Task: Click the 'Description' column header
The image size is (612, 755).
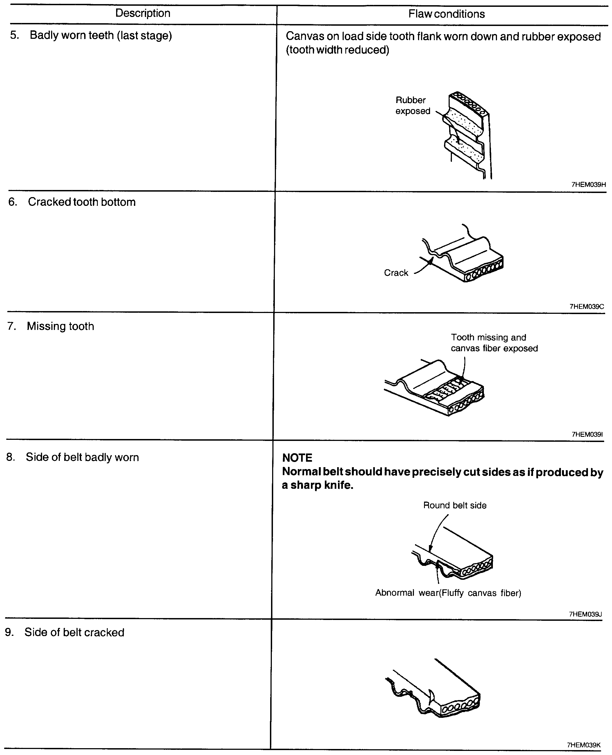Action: point(143,13)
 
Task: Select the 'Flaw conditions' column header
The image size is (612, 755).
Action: point(446,14)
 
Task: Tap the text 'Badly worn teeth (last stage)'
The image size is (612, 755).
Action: point(101,36)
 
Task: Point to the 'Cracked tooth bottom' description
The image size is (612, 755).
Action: point(82,202)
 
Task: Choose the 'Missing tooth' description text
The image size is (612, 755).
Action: point(60,326)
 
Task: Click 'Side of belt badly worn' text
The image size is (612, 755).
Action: point(82,457)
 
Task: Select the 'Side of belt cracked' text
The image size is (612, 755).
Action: point(74,632)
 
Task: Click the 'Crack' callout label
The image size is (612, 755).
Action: point(396,273)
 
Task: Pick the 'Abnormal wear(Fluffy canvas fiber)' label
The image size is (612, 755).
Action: point(448,593)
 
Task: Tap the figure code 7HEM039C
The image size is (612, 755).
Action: point(587,306)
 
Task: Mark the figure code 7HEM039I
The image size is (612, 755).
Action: point(587,434)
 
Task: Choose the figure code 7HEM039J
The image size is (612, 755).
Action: point(585,614)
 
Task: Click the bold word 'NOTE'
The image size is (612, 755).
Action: point(297,458)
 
